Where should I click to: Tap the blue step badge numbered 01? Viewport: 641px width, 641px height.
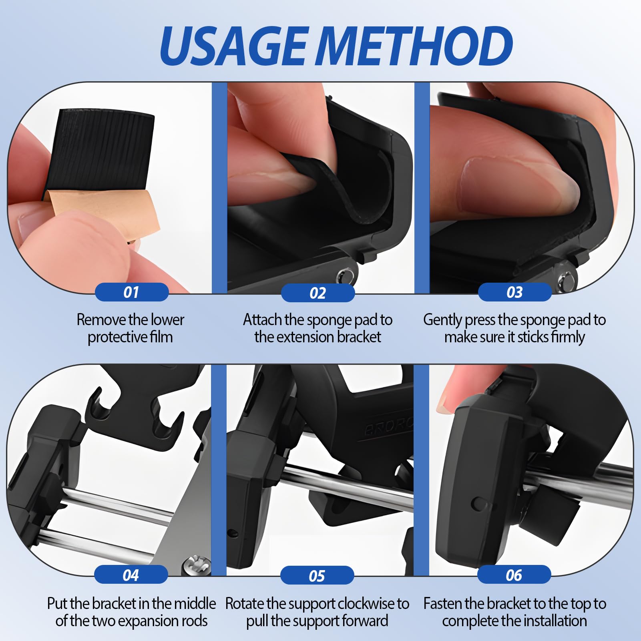pos(131,292)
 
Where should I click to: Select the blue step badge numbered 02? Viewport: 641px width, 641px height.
pos(318,293)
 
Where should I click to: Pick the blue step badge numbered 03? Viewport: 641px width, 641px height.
pos(515,292)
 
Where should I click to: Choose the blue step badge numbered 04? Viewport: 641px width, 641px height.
pos(131,575)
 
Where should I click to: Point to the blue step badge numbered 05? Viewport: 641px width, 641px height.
pos(317,576)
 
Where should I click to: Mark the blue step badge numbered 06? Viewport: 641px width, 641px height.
pos(514,575)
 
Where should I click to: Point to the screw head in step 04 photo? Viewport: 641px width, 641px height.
pos(196,565)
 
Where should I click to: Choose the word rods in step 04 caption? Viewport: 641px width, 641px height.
pos(194,621)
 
